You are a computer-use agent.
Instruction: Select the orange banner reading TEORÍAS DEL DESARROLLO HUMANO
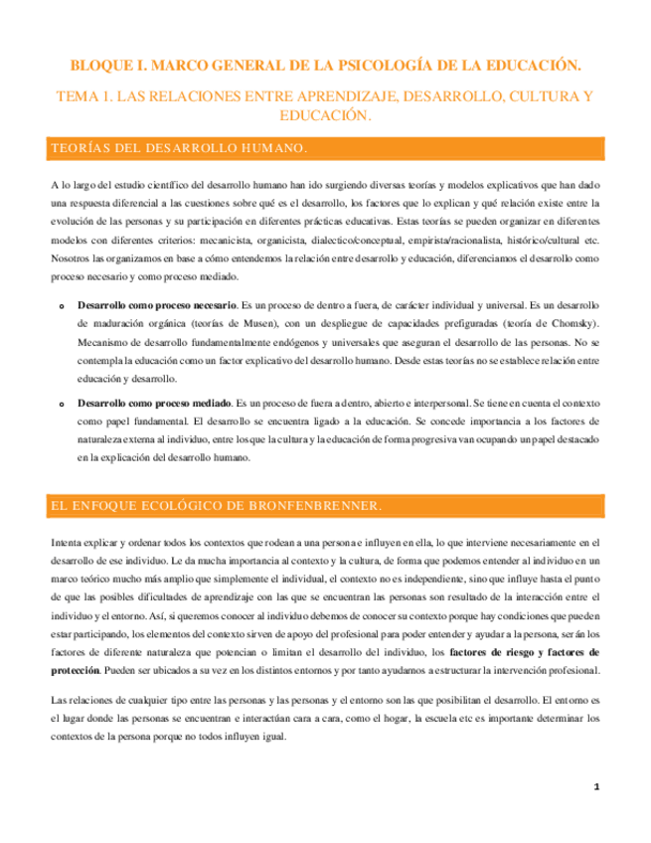pos(325,148)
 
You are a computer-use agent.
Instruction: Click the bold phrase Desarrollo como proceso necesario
pos(157,301)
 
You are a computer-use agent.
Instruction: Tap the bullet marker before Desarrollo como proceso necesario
pos(62,302)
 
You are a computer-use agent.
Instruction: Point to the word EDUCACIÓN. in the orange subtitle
pos(325,116)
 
